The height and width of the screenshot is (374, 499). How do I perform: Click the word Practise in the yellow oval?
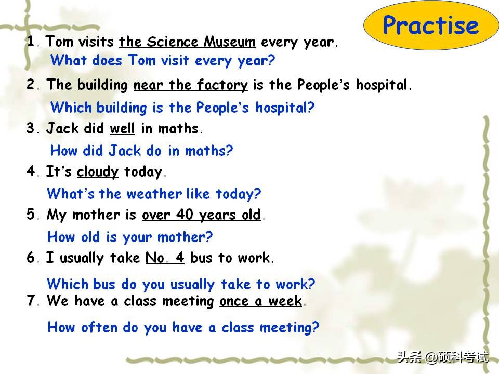point(431,25)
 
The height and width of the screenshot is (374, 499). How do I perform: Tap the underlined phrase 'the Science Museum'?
point(187,42)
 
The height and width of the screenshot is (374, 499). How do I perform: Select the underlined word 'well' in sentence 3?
point(122,128)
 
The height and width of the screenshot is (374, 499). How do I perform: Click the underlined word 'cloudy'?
point(97,172)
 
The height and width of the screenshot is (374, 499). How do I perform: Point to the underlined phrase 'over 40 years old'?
point(202,215)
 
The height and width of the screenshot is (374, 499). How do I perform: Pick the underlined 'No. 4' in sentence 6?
point(165,257)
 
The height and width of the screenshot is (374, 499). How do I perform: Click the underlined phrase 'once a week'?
point(260,301)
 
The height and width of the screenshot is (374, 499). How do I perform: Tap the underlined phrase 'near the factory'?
point(190,85)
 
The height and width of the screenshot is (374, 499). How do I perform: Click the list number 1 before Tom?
point(31,42)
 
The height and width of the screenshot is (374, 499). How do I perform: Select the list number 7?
point(31,301)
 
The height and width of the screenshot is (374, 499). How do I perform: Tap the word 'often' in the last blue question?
point(99,327)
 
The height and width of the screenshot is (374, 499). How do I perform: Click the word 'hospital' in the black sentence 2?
point(382,85)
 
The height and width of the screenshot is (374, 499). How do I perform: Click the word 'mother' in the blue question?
point(181,237)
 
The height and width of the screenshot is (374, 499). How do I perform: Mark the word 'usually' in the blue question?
point(192,285)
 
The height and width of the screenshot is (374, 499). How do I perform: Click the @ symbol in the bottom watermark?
point(431,357)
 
